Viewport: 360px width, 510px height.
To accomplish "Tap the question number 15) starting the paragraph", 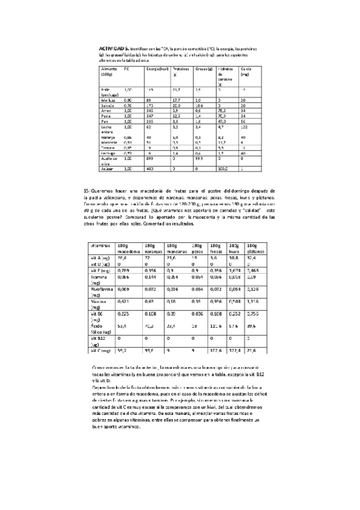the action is point(87,190).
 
